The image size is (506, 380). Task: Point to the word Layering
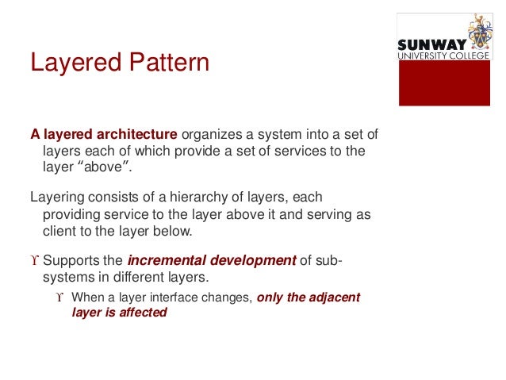click(x=58, y=197)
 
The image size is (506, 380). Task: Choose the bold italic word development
click(x=251, y=261)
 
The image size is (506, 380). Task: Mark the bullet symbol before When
click(x=61, y=297)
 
